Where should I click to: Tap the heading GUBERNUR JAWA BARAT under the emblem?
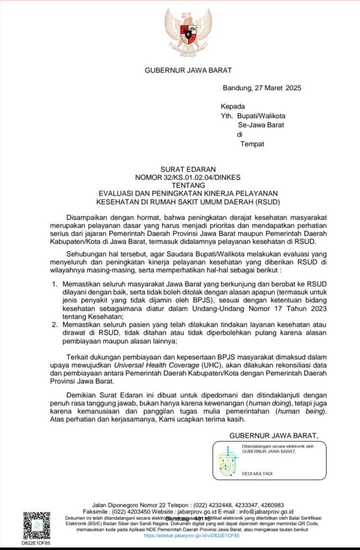188,71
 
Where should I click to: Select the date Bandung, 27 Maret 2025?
261,89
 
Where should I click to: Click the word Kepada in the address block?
232,106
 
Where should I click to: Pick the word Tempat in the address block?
252,144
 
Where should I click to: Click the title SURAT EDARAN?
187,170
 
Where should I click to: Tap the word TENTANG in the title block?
187,185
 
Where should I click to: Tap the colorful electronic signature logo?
228,462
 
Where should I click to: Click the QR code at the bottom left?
36,525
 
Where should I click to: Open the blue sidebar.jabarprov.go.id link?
191,535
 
